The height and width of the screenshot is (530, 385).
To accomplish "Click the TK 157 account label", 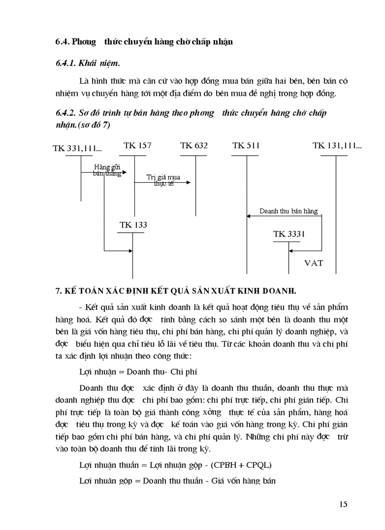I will (137, 145).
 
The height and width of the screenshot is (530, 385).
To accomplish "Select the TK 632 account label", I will (193, 145).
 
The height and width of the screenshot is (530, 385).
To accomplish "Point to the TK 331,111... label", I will (77, 149).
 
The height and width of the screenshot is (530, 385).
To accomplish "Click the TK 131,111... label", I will (337, 145).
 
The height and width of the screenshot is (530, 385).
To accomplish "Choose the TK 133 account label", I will (133, 225).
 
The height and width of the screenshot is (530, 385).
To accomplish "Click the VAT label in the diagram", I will (313, 263).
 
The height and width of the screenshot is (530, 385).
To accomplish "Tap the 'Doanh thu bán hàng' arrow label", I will (288, 211).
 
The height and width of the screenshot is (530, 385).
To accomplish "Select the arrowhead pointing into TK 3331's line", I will (292, 251).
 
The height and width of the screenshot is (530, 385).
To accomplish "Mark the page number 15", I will (343, 504).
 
